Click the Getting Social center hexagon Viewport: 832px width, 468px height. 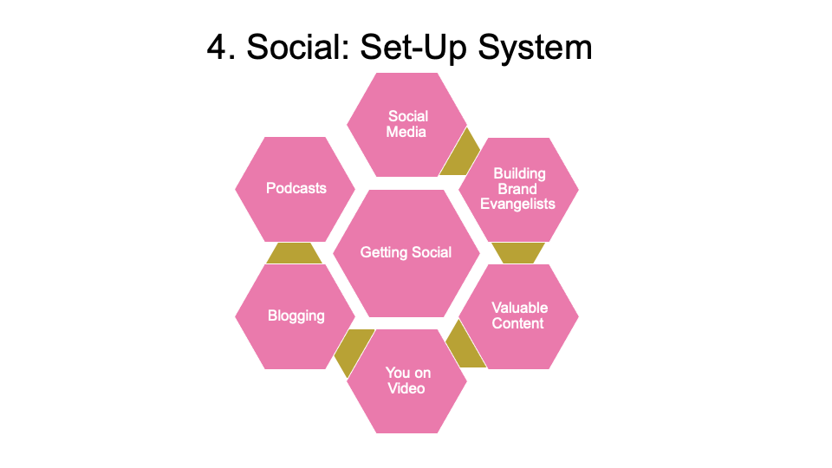pyautogui.click(x=406, y=253)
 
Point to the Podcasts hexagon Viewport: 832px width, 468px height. pyautogui.click(x=296, y=188)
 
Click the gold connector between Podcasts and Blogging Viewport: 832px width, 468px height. pyautogui.click(x=295, y=253)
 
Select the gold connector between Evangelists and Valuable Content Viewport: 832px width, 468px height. pyautogui.click(x=518, y=252)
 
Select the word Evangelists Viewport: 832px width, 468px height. pyautogui.click(x=518, y=204)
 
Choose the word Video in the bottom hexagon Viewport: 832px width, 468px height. pyautogui.click(x=406, y=389)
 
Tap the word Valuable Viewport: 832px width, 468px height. pyautogui.click(x=519, y=308)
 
